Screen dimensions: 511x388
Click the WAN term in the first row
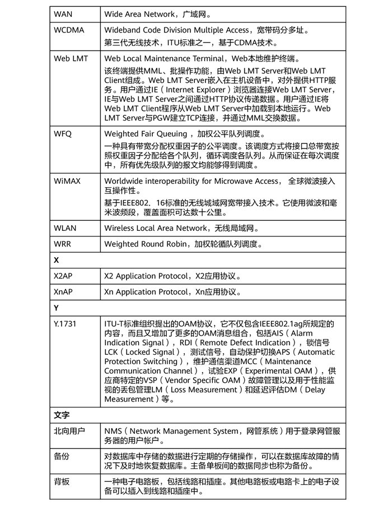(x=63, y=12)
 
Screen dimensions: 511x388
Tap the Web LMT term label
(x=71, y=58)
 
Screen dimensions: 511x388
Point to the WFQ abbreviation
(x=63, y=134)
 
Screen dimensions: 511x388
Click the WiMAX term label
(x=67, y=181)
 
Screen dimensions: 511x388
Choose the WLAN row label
(x=65, y=228)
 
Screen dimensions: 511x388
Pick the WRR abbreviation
(x=63, y=244)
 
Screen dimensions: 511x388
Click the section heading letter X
(x=57, y=261)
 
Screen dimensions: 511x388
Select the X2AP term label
(x=63, y=276)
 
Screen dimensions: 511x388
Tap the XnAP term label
(x=63, y=292)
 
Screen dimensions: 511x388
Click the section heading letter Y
(x=57, y=308)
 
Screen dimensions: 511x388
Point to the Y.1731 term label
(x=66, y=324)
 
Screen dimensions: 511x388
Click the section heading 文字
(x=62, y=415)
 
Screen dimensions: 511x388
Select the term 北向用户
(x=69, y=431)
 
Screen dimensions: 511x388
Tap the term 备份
(x=62, y=456)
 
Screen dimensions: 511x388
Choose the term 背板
(x=62, y=481)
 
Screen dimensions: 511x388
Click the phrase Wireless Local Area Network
(x=155, y=228)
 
